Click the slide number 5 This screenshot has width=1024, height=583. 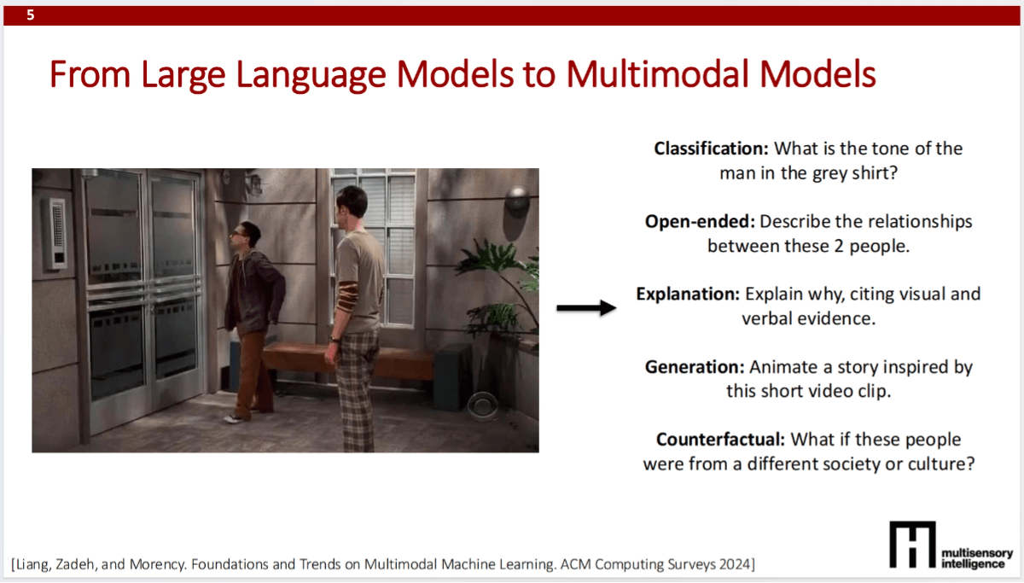pyautogui.click(x=31, y=15)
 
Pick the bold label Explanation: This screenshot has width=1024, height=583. pyautogui.click(x=688, y=294)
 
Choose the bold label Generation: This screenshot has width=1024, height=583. pyautogui.click(x=695, y=367)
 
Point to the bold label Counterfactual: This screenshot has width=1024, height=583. pyautogui.click(x=720, y=440)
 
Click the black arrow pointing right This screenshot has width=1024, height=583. pyautogui.click(x=586, y=308)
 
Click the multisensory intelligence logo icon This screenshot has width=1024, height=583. pyautogui.click(x=911, y=545)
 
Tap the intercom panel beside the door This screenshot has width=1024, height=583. pyautogui.click(x=56, y=232)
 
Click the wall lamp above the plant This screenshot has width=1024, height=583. pyautogui.click(x=517, y=200)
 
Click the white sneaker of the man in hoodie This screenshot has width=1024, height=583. pyautogui.click(x=234, y=417)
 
